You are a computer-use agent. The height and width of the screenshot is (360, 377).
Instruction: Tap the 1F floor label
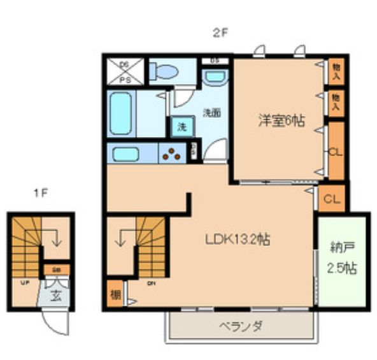click(x=39, y=191)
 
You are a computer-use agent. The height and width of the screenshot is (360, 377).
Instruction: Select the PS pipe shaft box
click(x=125, y=71)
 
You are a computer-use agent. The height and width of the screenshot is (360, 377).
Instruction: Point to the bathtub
click(x=121, y=114)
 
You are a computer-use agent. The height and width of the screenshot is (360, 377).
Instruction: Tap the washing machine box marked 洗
click(x=181, y=126)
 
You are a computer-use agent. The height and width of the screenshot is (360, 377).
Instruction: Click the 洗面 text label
click(x=211, y=113)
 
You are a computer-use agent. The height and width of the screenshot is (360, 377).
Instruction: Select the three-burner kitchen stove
click(x=173, y=154)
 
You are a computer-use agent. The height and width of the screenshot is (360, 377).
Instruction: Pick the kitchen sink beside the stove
click(x=131, y=154)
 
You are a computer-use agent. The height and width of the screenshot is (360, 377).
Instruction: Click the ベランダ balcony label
click(x=241, y=326)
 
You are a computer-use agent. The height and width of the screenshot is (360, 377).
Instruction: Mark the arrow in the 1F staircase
click(x=55, y=239)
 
